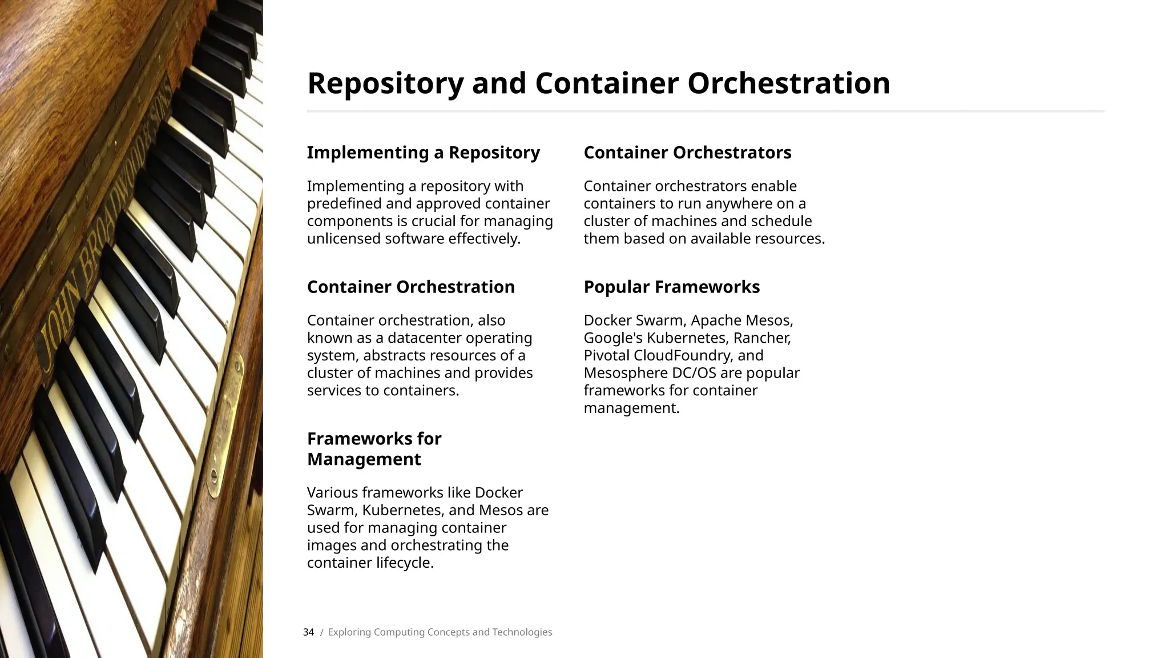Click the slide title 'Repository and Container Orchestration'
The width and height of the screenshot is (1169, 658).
pyautogui.click(x=598, y=83)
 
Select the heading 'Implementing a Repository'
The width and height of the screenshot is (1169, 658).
pyautogui.click(x=423, y=153)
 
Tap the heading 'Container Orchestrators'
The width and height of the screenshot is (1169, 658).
pyautogui.click(x=687, y=153)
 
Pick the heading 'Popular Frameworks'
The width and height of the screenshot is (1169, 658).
pyautogui.click(x=671, y=287)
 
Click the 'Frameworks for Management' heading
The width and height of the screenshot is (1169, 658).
pyautogui.click(x=374, y=449)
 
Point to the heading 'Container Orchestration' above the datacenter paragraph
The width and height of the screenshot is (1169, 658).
pyautogui.click(x=410, y=287)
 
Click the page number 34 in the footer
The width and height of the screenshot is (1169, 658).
pyautogui.click(x=308, y=632)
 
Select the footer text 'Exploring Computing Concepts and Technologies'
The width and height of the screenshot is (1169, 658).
pyautogui.click(x=440, y=632)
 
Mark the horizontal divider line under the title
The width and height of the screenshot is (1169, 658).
pyautogui.click(x=706, y=111)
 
